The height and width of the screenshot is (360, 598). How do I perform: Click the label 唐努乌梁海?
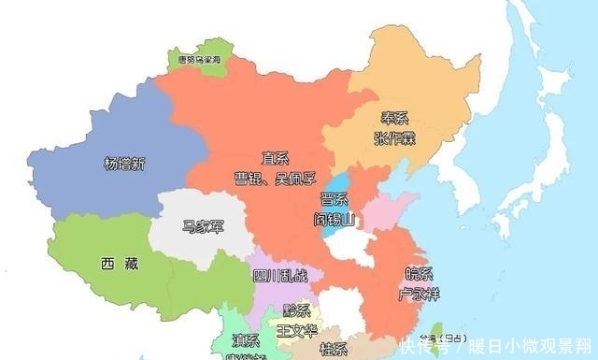(199, 59)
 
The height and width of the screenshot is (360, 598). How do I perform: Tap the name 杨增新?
(125, 165)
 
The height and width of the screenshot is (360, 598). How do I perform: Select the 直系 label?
(275, 159)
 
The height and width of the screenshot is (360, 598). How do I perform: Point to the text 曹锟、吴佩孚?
(274, 178)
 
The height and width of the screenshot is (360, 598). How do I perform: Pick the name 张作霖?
(394, 138)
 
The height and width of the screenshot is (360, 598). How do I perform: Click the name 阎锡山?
(335, 221)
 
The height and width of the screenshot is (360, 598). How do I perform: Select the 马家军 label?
(203, 225)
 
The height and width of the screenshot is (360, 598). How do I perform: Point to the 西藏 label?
(119, 264)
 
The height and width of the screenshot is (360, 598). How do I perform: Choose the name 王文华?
(297, 329)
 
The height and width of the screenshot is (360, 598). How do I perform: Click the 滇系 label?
(246, 338)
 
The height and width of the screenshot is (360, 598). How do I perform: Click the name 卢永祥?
(418, 295)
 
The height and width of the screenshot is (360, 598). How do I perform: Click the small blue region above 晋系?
(340, 181)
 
